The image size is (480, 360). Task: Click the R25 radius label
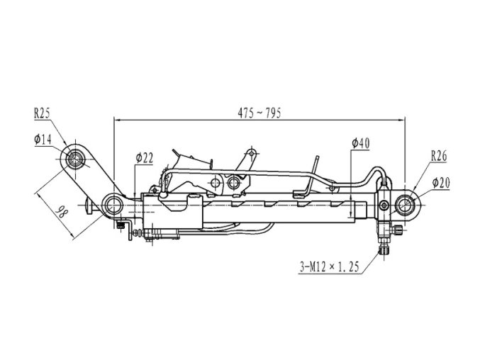pyautogui.click(x=42, y=114)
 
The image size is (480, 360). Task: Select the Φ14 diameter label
pyautogui.click(x=43, y=140)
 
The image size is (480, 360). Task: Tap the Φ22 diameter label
pyautogui.click(x=144, y=158)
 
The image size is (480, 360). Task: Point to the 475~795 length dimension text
pyautogui.click(x=259, y=113)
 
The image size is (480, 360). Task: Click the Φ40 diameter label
pyautogui.click(x=361, y=143)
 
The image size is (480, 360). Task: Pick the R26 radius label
pyautogui.click(x=439, y=156)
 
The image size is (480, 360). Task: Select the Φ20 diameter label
pyautogui.click(x=441, y=183)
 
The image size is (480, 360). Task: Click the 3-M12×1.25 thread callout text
pyautogui.click(x=329, y=266)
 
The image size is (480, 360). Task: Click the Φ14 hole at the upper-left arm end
pyautogui.click(x=75, y=159)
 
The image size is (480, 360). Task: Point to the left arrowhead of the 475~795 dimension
pyautogui.click(x=116, y=120)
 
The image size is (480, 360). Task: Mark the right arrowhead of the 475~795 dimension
pyautogui.click(x=402, y=120)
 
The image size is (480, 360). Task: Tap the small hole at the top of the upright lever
pyautogui.click(x=252, y=153)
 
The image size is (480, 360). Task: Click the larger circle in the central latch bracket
pyautogui.click(x=233, y=183)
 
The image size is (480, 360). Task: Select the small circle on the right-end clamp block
pyautogui.click(x=384, y=204)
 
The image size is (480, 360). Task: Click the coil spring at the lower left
pyautogui.click(x=138, y=233)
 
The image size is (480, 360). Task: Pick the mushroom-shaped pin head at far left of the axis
pyautogui.click(x=89, y=206)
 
